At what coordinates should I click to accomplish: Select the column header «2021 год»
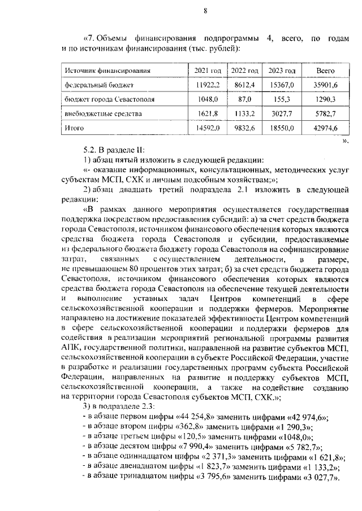point(207,71)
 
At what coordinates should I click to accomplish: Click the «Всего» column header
point(326,71)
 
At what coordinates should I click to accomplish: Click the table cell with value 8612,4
point(245,85)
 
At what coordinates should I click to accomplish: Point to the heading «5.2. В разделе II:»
point(113,150)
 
